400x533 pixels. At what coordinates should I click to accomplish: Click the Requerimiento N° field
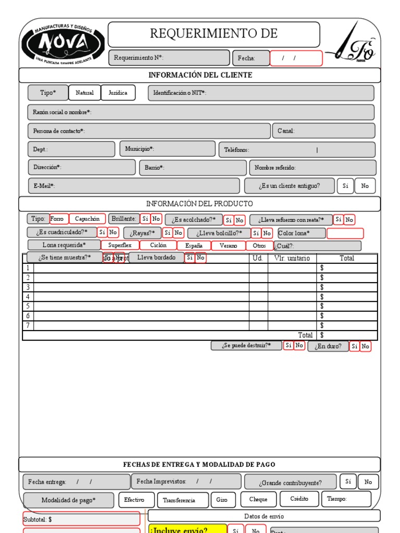(169, 58)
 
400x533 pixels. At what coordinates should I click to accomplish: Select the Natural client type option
(84, 93)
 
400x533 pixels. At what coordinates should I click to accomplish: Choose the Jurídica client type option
(118, 93)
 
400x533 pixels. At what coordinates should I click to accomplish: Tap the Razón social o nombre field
(201, 112)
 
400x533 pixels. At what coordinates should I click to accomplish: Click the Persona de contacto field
(149, 131)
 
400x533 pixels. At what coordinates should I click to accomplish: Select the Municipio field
(167, 149)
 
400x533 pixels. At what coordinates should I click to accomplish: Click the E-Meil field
(134, 186)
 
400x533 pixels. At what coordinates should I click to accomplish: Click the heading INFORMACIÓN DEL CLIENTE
(200, 75)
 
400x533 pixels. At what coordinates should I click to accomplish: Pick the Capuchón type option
(87, 219)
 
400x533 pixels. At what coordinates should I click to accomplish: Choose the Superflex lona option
(120, 245)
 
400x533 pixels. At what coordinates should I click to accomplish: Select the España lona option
(194, 246)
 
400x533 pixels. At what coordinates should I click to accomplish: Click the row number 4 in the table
(28, 297)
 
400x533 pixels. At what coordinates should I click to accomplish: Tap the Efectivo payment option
(134, 500)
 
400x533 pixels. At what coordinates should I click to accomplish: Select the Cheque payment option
(258, 500)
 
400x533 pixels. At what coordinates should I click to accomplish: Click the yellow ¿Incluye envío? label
(187, 530)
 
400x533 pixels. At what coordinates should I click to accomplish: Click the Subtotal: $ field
(81, 519)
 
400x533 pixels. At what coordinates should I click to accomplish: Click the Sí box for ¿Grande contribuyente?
(348, 482)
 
